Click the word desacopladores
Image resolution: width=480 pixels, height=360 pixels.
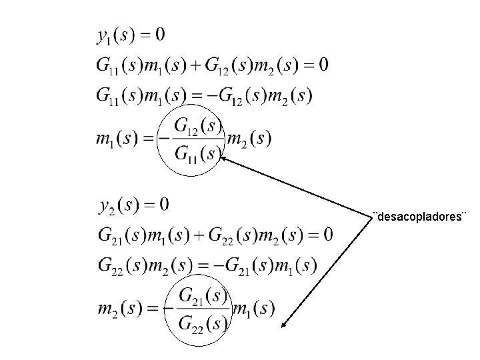click(420, 217)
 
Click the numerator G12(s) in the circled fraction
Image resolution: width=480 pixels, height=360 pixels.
click(197, 125)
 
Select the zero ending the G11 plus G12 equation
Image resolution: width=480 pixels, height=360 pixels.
click(323, 65)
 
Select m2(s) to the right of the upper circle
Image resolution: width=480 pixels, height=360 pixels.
click(249, 139)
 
